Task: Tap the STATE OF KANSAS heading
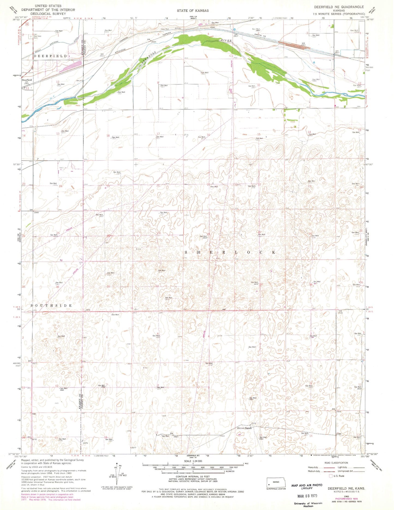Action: [193, 11]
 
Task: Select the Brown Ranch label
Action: [244, 428]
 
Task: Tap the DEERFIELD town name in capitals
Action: [50, 56]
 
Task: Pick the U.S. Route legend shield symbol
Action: [331, 476]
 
